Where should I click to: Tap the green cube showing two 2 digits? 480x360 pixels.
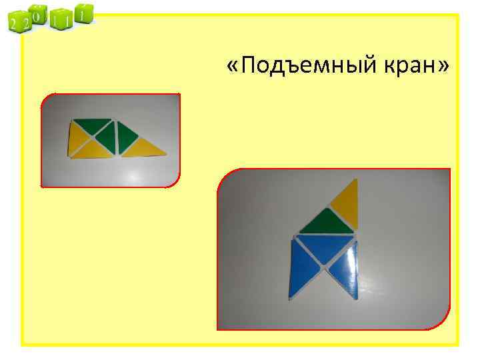pyautogui.click(x=17, y=25)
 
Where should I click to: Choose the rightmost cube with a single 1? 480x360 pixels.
pyautogui.click(x=83, y=13)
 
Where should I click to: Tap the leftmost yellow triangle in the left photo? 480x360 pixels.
pyautogui.click(x=79, y=139)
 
